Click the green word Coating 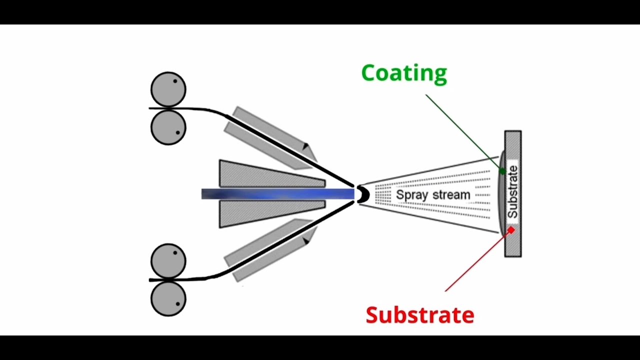point(404,73)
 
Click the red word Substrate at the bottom point(419,315)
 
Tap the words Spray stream point(433,194)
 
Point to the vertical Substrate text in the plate point(512,191)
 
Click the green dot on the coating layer point(502,171)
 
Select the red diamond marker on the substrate point(511,229)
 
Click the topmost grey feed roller point(168,89)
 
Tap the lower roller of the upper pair point(168,127)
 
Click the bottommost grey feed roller point(168,298)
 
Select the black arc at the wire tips point(361,194)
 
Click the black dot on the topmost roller point(175,81)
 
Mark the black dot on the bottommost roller point(177,304)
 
